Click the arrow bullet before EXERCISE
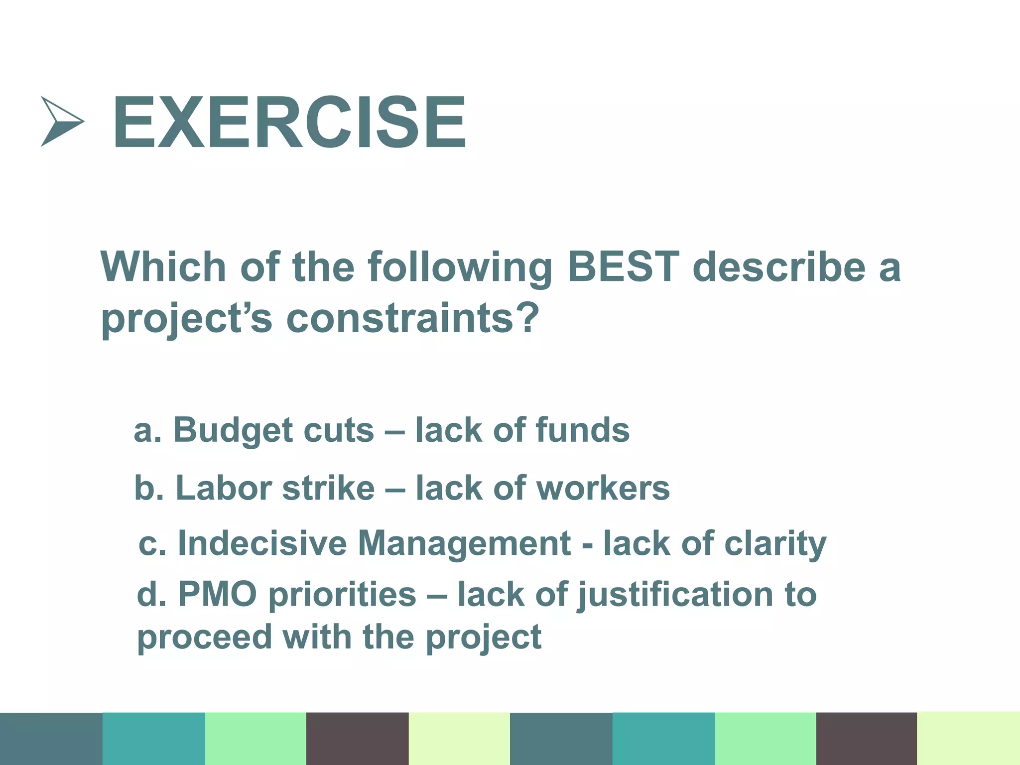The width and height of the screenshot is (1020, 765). pos(61,121)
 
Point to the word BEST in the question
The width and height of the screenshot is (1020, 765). pos(623,266)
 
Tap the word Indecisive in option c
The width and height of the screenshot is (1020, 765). pos(262,543)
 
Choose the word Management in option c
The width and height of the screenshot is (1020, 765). pos(464,544)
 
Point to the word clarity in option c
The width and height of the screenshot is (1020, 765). pos(775,544)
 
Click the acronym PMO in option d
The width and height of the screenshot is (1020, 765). pos(217,594)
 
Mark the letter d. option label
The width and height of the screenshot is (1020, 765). pos(151,594)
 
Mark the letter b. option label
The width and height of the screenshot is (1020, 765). pos(149,488)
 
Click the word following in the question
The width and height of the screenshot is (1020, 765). pos(460,267)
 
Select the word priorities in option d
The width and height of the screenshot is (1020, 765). pos(342,595)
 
